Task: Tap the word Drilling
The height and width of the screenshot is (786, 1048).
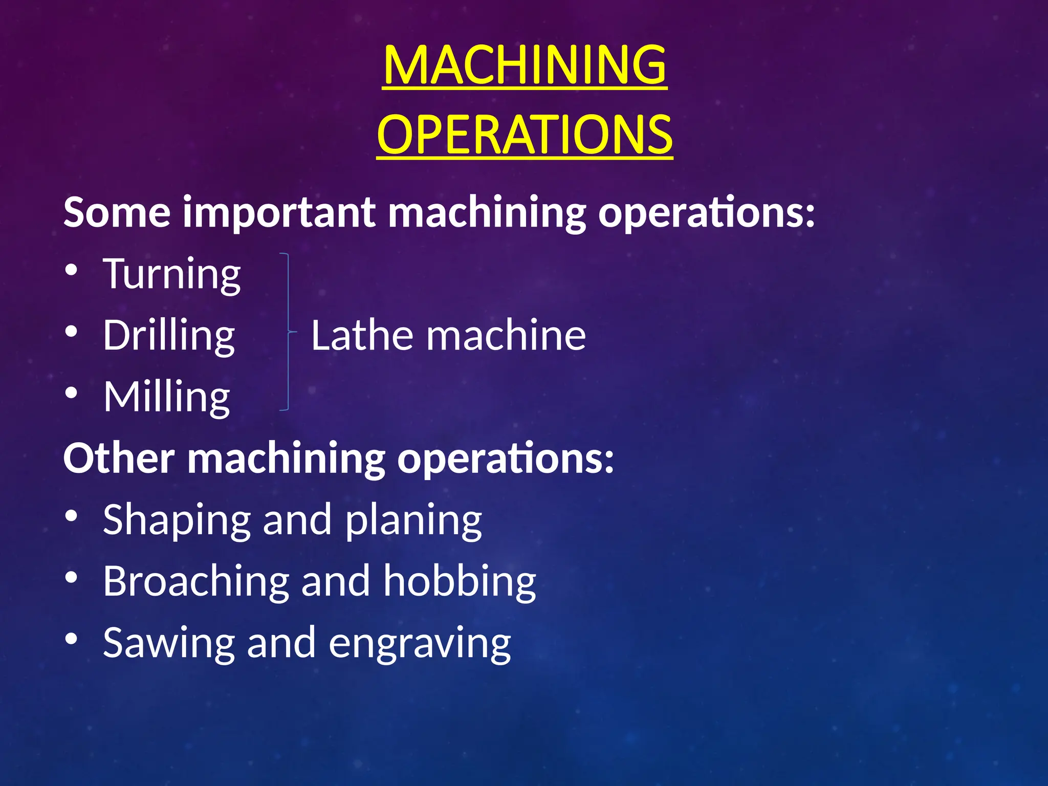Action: coord(169,336)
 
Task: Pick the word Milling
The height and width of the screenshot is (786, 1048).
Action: coord(167,397)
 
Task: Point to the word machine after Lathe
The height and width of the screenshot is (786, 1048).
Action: coord(506,335)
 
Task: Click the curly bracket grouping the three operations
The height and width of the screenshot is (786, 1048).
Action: coord(288,332)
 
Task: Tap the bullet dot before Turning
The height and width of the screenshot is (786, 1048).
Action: coord(72,270)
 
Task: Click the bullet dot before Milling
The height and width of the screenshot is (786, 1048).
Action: coord(72,393)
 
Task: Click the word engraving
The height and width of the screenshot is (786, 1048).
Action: coord(420,644)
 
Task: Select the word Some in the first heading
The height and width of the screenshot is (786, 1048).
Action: coord(117,212)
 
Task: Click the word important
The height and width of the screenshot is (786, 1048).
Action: coord(279,212)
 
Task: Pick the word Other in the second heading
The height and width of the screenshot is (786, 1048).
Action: coord(119,458)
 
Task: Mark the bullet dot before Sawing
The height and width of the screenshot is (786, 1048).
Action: coord(72,639)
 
